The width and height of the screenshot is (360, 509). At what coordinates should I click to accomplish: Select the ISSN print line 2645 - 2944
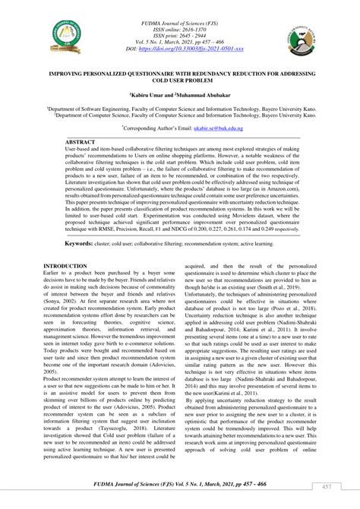(x=180, y=30)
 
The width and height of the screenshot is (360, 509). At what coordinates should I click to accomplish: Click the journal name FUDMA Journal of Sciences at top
(x=180, y=11)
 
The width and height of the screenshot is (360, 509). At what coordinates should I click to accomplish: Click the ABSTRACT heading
(x=81, y=142)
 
